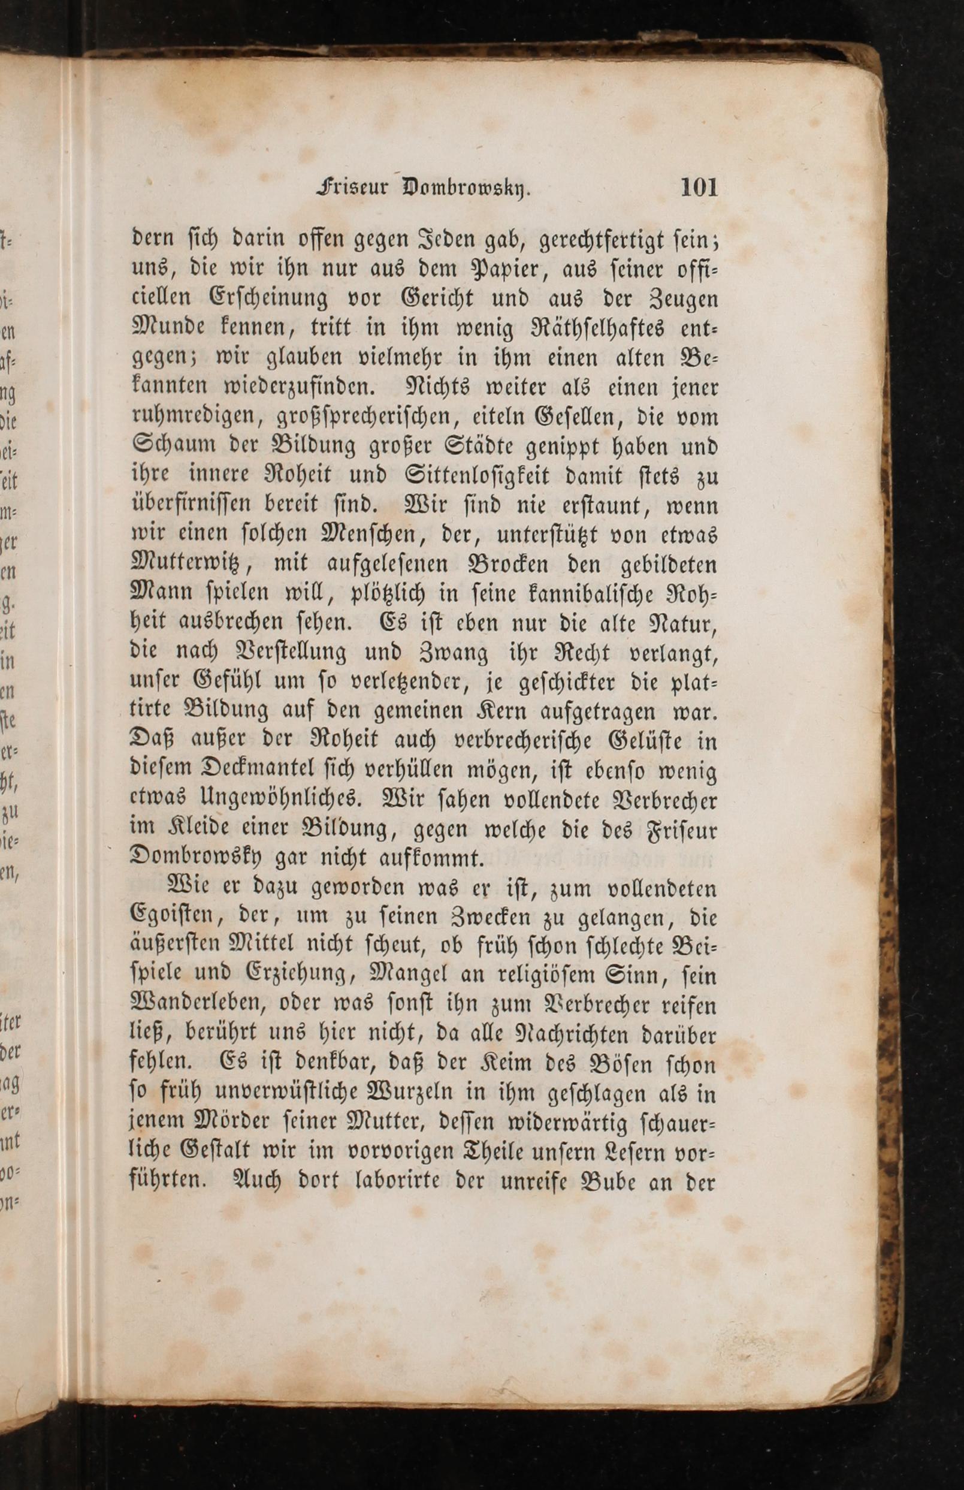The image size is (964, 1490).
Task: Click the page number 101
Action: [x=699, y=188]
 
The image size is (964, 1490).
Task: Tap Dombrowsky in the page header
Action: [x=464, y=188]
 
